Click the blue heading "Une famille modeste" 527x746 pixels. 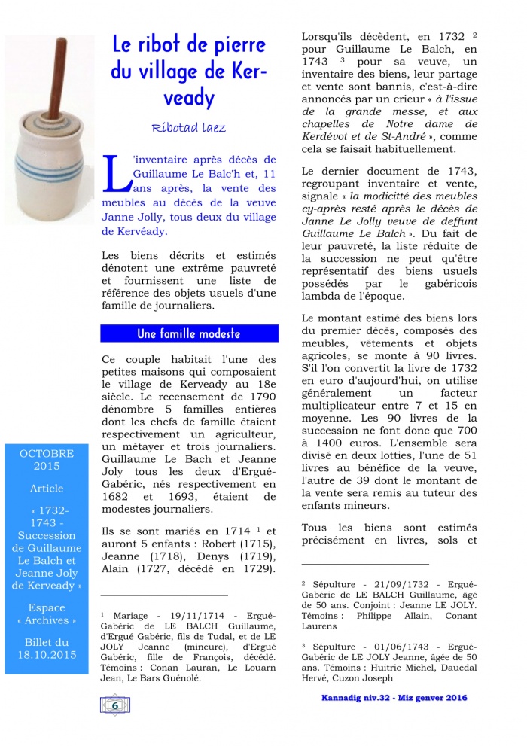coord(189,333)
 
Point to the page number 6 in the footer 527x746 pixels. coord(114,705)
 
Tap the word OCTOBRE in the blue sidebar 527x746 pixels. coord(47,454)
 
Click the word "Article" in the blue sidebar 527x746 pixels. coord(47,489)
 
